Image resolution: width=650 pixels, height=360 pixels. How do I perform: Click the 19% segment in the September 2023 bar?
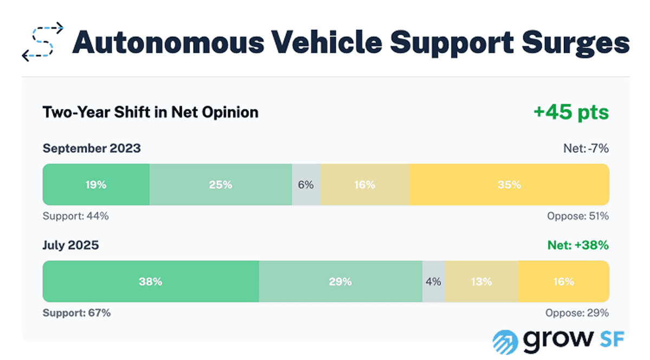[x=96, y=185]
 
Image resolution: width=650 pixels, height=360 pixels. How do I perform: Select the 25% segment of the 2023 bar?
[x=220, y=185]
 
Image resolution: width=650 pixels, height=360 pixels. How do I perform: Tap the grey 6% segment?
[x=305, y=185]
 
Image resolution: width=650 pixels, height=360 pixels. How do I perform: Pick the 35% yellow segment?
[x=509, y=185]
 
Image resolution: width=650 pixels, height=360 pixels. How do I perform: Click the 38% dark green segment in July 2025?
[x=151, y=282]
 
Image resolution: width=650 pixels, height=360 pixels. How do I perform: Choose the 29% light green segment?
[x=340, y=282]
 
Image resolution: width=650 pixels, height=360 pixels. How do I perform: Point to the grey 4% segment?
[x=433, y=282]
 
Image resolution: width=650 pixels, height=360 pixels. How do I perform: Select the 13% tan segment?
[x=482, y=282]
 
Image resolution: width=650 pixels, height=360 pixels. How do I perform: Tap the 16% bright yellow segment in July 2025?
[x=563, y=282]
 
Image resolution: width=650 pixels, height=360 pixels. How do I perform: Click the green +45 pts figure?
[x=571, y=113]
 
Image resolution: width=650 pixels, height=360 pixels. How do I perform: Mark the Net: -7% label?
[x=585, y=148]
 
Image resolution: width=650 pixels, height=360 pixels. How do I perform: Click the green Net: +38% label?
[x=578, y=245]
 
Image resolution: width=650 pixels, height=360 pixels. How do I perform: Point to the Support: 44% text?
[x=76, y=216]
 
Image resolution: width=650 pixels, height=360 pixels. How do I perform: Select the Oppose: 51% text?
[x=577, y=216]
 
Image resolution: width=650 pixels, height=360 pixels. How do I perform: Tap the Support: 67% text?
[x=76, y=313]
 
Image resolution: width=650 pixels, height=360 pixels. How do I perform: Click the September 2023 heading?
[x=92, y=148]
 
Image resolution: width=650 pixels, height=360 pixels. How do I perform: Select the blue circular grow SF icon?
[x=505, y=341]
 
